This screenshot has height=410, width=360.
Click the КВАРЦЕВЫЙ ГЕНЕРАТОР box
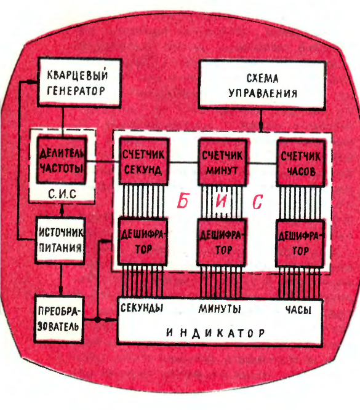pyautogui.click(x=79, y=82)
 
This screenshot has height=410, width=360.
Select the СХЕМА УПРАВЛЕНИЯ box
pyautogui.click(x=262, y=85)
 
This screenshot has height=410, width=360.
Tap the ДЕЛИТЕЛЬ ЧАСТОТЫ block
pyautogui.click(x=62, y=160)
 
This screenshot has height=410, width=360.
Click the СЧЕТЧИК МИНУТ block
pyautogui.click(x=222, y=163)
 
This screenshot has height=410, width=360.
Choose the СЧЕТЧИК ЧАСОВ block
pyautogui.click(x=301, y=164)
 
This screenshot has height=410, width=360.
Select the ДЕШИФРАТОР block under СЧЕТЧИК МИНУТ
pyautogui.click(x=222, y=242)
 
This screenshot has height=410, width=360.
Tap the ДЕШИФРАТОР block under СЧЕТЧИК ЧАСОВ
pyautogui.click(x=300, y=243)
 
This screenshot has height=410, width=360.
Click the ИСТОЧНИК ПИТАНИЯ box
pyautogui.click(x=60, y=240)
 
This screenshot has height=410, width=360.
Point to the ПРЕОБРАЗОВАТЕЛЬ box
pyautogui.click(x=58, y=319)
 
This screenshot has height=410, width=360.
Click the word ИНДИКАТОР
pyautogui.click(x=216, y=333)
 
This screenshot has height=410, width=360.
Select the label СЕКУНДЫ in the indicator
pyautogui.click(x=142, y=308)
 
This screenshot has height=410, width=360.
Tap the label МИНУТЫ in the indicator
pyautogui.click(x=220, y=309)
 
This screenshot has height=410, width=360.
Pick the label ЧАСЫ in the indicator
pyautogui.click(x=298, y=310)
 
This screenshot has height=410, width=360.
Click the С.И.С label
pyautogui.click(x=62, y=194)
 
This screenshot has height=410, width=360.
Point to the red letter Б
pyautogui.click(x=183, y=201)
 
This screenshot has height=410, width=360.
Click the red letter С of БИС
pyautogui.click(x=257, y=202)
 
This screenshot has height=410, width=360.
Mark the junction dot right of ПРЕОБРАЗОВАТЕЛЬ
pyautogui.click(x=98, y=319)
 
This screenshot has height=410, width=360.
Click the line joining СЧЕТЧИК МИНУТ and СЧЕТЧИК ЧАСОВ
pyautogui.click(x=262, y=164)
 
